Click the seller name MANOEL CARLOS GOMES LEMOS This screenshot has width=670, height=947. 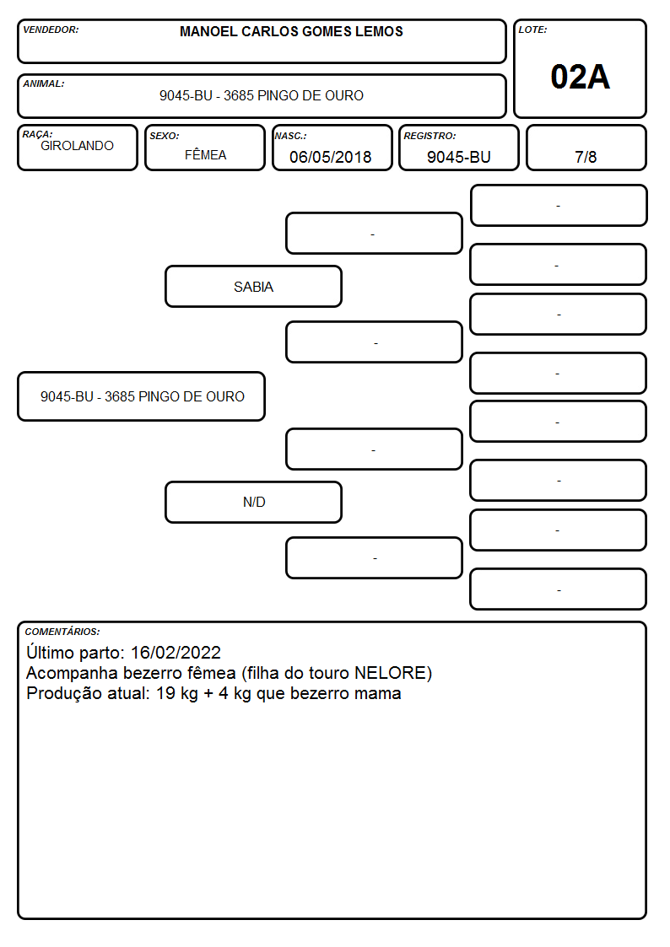point(291,31)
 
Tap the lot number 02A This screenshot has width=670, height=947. point(580,78)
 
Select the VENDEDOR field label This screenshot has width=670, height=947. point(51,30)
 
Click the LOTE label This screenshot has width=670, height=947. point(532,30)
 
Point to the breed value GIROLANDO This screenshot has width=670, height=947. point(77,146)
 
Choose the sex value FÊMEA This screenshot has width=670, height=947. point(205,154)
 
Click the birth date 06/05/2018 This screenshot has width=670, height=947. point(331,157)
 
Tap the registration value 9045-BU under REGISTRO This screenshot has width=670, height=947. point(458,157)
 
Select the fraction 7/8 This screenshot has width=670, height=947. point(586,157)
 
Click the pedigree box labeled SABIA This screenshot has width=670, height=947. point(254,286)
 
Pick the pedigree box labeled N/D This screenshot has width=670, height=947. point(254,502)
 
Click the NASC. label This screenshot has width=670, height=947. point(290,136)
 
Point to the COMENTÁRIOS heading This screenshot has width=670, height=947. point(62,632)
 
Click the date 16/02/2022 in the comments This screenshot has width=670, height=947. point(176,652)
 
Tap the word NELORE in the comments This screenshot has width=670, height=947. point(391,673)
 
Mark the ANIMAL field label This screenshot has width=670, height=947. point(44,84)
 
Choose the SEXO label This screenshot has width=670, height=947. point(165,136)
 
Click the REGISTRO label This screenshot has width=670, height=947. point(430,136)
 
